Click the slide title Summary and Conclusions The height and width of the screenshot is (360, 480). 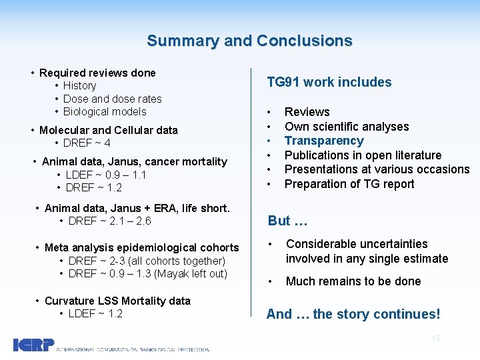249,41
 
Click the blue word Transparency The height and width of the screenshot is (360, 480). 324,141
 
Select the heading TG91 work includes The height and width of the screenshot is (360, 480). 329,83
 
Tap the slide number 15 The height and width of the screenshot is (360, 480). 436,339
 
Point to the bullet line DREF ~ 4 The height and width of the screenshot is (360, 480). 87,143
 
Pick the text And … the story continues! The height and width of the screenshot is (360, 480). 353,314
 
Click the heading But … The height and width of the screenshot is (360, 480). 287,221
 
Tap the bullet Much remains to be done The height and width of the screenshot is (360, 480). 353,281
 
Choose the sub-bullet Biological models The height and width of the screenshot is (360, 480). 105,111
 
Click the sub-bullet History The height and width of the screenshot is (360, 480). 79,85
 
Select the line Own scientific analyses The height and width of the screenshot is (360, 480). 347,127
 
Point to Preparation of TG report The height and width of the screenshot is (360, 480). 349,184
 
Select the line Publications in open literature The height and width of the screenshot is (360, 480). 363,155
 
